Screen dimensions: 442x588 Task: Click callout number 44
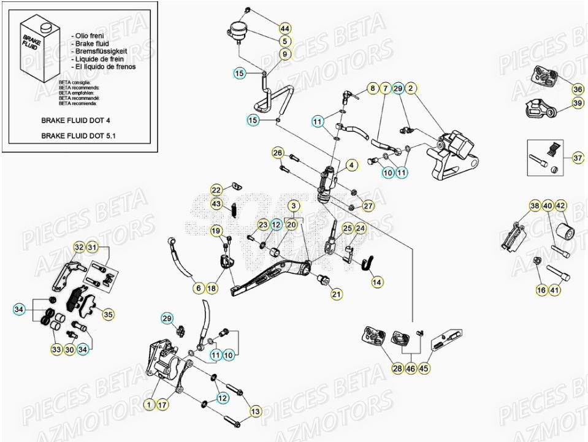click(x=284, y=29)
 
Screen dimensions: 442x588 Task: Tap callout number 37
click(x=578, y=158)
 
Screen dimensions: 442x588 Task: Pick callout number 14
click(x=376, y=281)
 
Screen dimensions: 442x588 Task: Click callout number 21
click(x=337, y=295)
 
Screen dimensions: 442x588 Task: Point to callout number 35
click(x=108, y=314)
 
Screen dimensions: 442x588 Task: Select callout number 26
click(x=277, y=152)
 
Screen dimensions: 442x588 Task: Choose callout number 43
click(x=216, y=204)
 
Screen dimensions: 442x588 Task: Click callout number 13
click(x=255, y=412)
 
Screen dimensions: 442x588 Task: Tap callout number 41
click(x=554, y=290)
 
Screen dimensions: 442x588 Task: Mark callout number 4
click(x=351, y=164)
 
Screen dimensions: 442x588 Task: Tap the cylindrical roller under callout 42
click(x=563, y=234)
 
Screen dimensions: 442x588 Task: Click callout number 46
click(x=410, y=368)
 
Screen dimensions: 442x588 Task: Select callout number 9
click(x=284, y=54)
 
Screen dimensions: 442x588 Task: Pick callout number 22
click(x=216, y=189)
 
